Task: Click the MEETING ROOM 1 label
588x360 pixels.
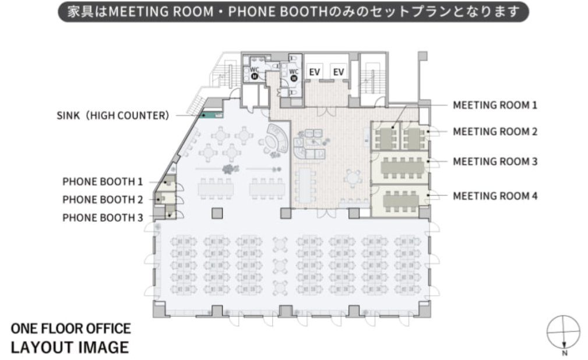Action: click(495, 105)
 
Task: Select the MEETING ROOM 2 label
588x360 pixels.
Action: click(495, 132)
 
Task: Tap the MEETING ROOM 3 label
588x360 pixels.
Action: click(495, 161)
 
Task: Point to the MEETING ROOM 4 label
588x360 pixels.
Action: click(495, 196)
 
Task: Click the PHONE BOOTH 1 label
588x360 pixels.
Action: click(103, 182)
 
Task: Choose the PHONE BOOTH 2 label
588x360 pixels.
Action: click(103, 199)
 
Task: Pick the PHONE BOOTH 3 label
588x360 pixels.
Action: click(103, 217)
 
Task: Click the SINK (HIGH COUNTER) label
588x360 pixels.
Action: click(113, 115)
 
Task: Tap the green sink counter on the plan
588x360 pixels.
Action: click(212, 115)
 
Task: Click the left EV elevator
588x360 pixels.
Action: click(314, 72)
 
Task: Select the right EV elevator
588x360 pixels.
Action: click(338, 72)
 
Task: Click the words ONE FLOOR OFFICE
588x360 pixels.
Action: click(71, 329)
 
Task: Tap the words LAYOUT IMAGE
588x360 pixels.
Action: click(70, 347)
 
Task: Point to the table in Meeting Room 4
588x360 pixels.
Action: click(401, 201)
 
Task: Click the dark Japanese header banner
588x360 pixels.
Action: click(293, 12)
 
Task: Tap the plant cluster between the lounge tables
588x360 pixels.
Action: click(229, 169)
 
